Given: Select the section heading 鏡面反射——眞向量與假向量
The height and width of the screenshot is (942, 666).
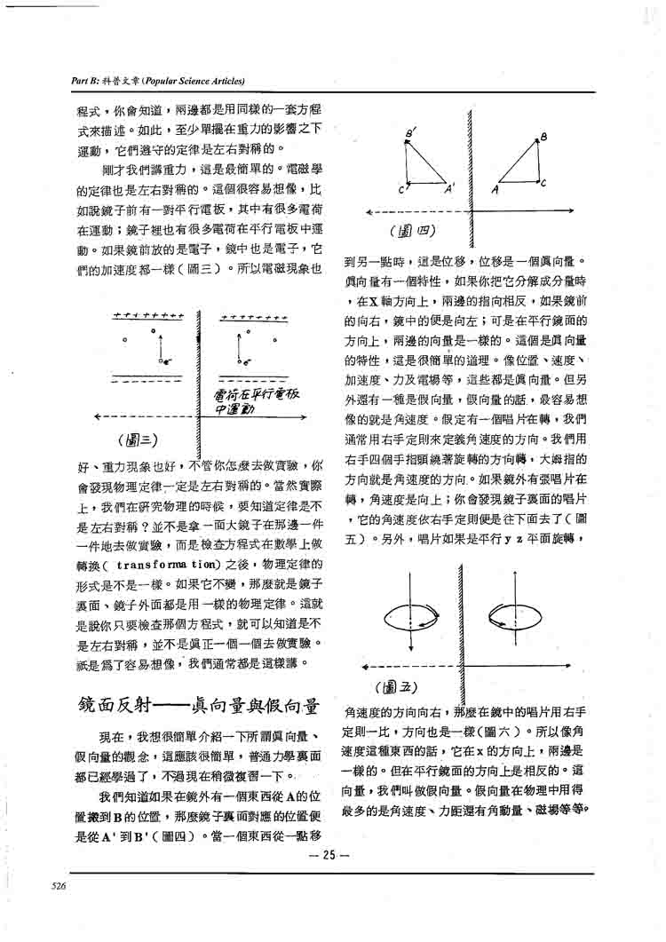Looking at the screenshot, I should click(x=199, y=707).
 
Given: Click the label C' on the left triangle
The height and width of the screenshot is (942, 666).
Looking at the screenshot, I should click(x=402, y=189).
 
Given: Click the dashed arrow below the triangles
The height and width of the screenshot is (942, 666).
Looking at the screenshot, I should click(x=417, y=211).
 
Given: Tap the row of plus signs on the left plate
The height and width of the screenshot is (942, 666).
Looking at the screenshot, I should click(x=149, y=316).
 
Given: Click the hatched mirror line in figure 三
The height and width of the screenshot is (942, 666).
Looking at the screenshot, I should click(x=199, y=373).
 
